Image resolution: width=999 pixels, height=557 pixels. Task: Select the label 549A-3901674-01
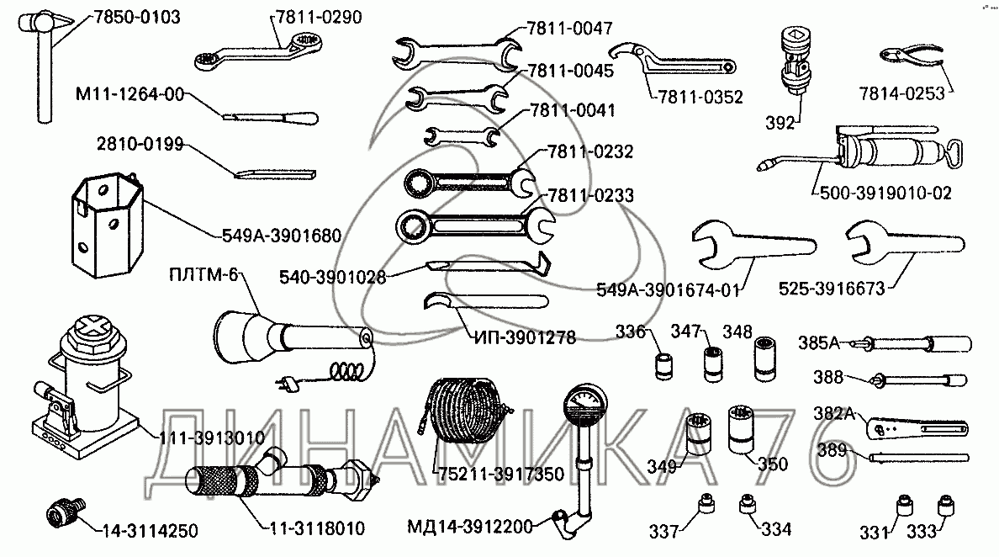tap(668, 291)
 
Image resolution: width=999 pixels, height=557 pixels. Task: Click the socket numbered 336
tap(666, 367)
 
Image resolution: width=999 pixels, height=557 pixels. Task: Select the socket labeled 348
tap(764, 356)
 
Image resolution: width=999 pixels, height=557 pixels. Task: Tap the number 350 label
tap(772, 464)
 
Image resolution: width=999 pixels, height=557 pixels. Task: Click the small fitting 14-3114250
tap(63, 511)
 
